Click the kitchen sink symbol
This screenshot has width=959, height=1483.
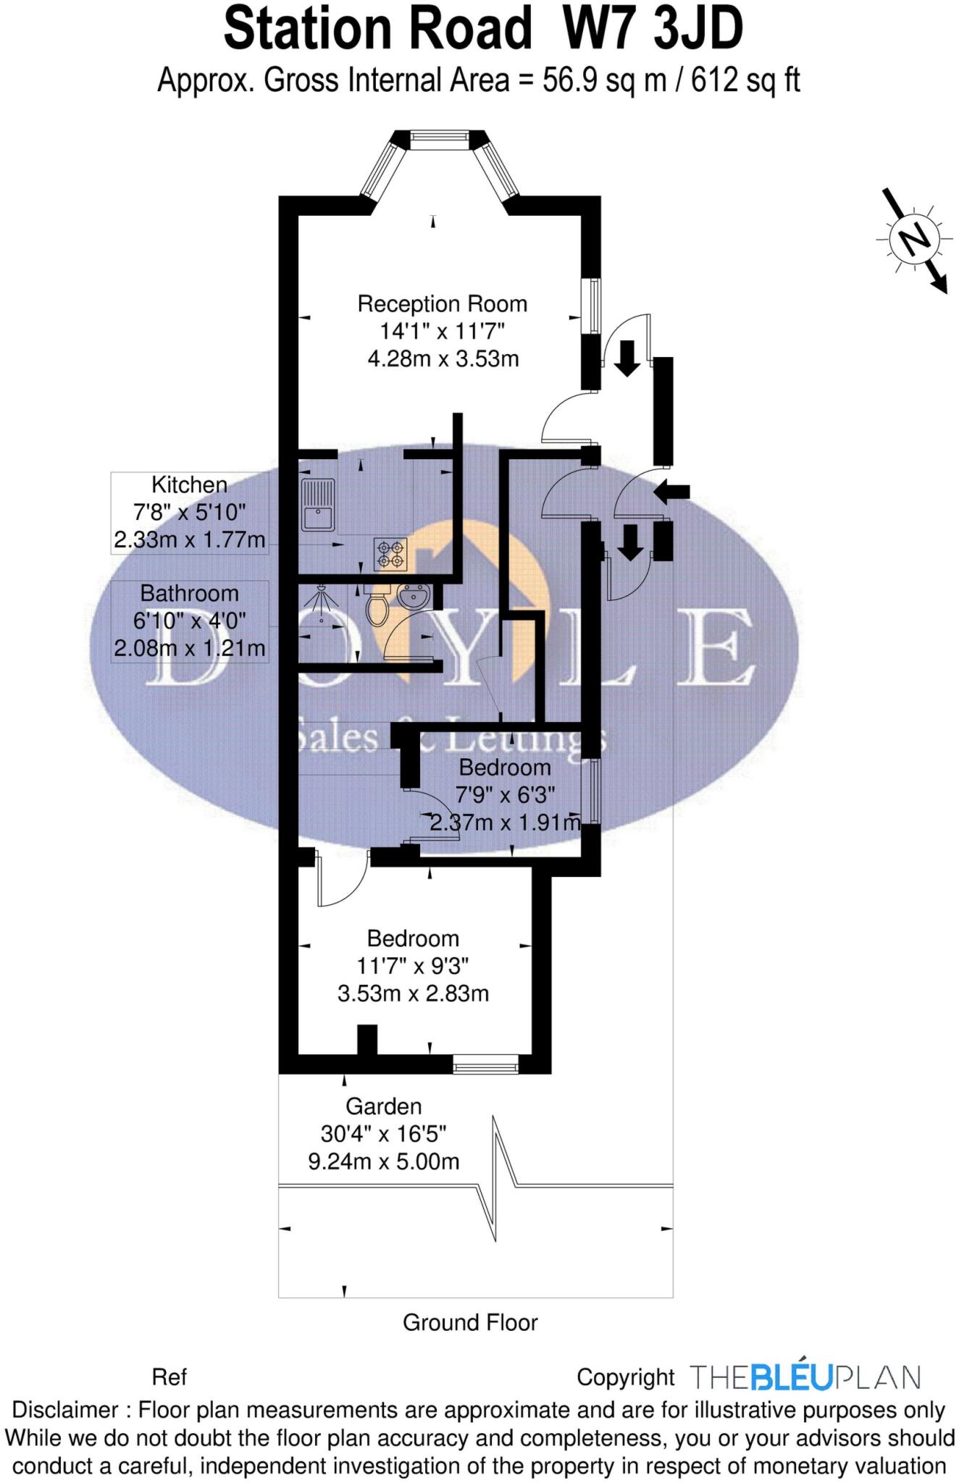pyautogui.click(x=317, y=505)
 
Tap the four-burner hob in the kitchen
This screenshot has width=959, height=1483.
pyautogui.click(x=390, y=554)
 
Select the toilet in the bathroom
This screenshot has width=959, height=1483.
pyautogui.click(x=377, y=608)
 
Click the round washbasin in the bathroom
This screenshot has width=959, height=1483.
pyautogui.click(x=414, y=598)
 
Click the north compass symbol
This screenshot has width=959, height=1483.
pyautogui.click(x=914, y=239)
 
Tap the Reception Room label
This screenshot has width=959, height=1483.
pyautogui.click(x=442, y=304)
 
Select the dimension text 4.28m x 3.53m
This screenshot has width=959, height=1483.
pyautogui.click(x=443, y=359)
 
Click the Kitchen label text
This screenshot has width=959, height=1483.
pyautogui.click(x=189, y=484)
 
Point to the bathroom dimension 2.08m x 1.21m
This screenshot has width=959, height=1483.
pyautogui.click(x=189, y=648)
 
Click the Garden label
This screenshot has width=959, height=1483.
pyautogui.click(x=383, y=1106)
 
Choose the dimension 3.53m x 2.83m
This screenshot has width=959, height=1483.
pyautogui.click(x=413, y=993)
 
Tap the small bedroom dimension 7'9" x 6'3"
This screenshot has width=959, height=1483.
pyautogui.click(x=505, y=795)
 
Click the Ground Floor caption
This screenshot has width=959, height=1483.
pyautogui.click(x=470, y=1323)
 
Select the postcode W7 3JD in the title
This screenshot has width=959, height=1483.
pyautogui.click(x=653, y=30)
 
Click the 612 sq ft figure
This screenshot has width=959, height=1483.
pyautogui.click(x=745, y=80)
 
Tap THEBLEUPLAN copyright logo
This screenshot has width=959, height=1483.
pyautogui.click(x=805, y=1377)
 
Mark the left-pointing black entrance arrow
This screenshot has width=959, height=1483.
pyautogui.click(x=671, y=492)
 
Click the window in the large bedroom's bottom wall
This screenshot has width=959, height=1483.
pyautogui.click(x=485, y=1063)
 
